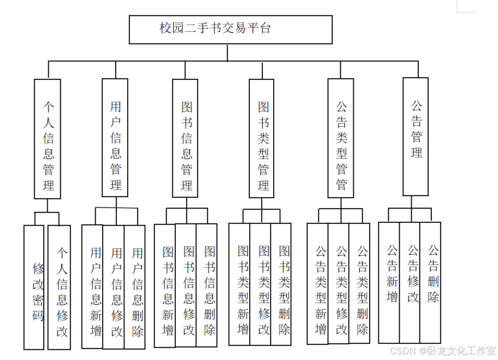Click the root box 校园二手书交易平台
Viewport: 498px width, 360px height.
coord(230,29)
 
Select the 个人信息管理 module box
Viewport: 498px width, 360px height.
coord(47,139)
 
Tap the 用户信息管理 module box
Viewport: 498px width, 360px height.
coord(115,138)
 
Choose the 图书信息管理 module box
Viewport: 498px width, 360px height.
coord(185,138)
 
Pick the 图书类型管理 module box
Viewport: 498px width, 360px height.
coord(262,139)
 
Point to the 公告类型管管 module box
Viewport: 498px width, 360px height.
coord(341,138)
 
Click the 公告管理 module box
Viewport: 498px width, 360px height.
coord(416,137)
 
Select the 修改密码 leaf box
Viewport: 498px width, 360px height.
coord(34,287)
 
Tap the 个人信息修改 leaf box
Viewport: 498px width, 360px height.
coord(59,287)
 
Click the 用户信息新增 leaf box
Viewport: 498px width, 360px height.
coord(93,286)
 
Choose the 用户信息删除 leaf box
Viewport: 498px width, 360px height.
coord(135,286)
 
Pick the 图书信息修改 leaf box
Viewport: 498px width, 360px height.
coord(186,285)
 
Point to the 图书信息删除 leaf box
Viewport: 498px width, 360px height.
coord(207,285)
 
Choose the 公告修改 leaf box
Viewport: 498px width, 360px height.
coord(410,282)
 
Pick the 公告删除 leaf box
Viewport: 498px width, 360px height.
coord(431,282)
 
